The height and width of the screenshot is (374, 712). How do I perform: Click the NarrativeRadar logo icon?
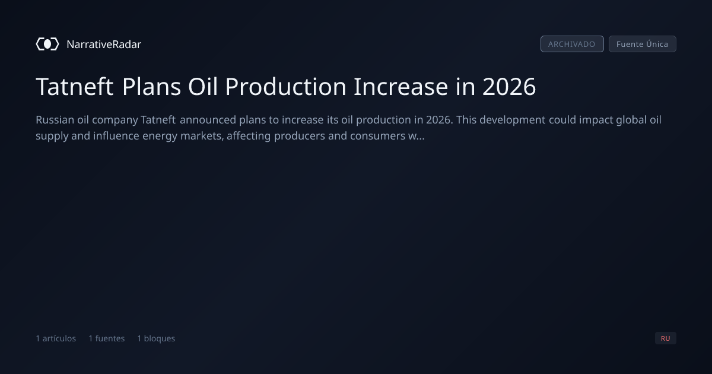[47, 44]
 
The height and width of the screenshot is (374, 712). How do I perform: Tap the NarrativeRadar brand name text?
[104, 45]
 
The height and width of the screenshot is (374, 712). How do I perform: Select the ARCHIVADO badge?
[572, 44]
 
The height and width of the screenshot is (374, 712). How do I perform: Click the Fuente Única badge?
[643, 44]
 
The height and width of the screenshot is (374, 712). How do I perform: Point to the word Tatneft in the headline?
[75, 87]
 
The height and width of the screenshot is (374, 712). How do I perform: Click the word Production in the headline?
[286, 87]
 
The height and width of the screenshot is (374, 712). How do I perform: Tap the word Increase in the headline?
[401, 87]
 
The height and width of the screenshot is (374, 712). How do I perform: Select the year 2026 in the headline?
[509, 87]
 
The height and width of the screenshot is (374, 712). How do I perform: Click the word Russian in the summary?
[55, 120]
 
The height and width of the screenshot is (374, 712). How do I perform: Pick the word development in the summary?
[513, 120]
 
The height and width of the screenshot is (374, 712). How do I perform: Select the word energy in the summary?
[160, 137]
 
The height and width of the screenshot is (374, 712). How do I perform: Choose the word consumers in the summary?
[377, 136]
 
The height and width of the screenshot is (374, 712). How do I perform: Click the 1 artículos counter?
[56, 338]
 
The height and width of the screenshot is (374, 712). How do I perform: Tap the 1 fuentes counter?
[107, 338]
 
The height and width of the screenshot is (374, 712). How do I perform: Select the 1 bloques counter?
[156, 338]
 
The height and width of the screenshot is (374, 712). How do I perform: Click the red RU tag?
[666, 338]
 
